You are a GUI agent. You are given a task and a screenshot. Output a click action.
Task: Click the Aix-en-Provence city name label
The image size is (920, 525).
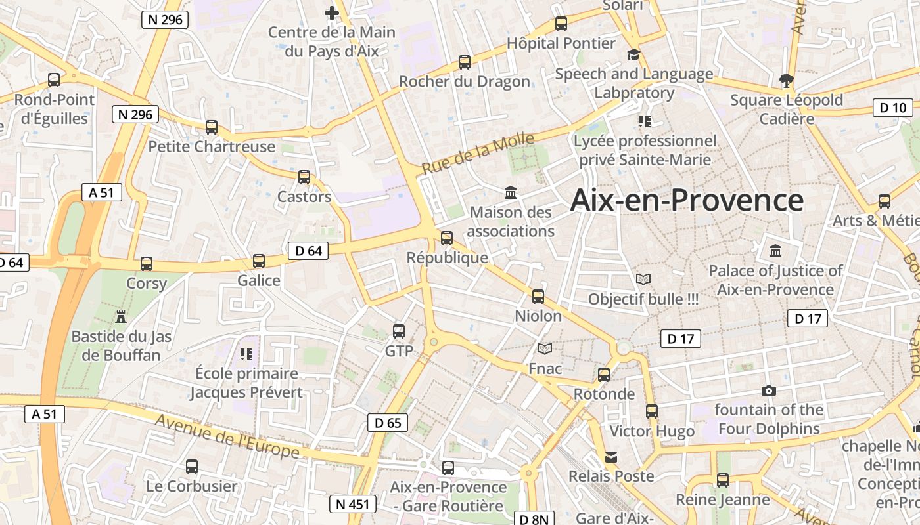(x=687, y=200)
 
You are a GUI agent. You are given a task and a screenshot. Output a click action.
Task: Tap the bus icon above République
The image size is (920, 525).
(x=447, y=238)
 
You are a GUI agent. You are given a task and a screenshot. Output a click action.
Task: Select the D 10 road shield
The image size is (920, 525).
(x=893, y=108)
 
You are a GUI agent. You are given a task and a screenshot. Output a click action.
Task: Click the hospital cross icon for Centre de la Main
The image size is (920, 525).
(x=332, y=12)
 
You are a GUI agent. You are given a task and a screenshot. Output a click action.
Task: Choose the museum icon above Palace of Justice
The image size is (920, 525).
(x=775, y=251)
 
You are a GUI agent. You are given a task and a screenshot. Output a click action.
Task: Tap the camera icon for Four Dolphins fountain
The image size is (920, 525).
(x=769, y=390)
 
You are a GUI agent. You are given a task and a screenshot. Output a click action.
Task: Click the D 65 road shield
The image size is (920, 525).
(x=388, y=423)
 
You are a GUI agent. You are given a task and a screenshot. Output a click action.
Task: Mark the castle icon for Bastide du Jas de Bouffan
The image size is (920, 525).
(x=121, y=317)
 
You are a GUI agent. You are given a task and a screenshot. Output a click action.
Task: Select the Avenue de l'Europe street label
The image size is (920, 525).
(x=227, y=437)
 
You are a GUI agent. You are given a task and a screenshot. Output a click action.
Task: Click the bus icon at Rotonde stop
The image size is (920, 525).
(x=604, y=375)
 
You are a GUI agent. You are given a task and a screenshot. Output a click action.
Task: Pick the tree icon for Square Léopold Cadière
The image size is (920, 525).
(x=786, y=81)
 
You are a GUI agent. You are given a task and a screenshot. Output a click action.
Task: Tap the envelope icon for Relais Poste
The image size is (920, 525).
(x=611, y=457)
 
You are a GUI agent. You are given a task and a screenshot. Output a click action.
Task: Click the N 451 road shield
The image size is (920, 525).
(x=353, y=504)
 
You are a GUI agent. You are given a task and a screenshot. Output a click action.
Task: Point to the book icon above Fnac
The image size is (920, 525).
(x=545, y=348)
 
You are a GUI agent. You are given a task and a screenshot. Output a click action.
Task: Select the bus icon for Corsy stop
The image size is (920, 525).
(x=147, y=264)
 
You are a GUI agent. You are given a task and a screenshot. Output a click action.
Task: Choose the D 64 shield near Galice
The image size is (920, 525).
(x=308, y=250)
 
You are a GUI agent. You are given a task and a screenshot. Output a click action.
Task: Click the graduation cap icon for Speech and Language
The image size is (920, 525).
(x=633, y=54)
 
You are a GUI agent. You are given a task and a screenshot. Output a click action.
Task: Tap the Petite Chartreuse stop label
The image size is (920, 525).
(x=212, y=146)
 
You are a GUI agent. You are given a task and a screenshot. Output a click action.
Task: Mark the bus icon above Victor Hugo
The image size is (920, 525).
(x=651, y=411)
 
